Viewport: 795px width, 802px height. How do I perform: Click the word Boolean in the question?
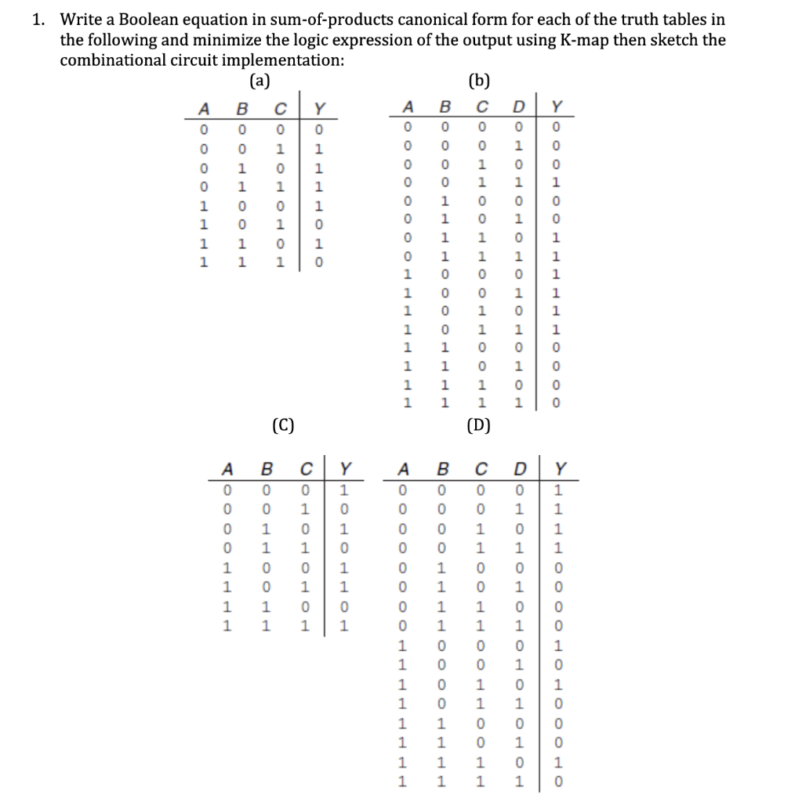143,20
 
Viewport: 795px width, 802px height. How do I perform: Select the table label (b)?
477,78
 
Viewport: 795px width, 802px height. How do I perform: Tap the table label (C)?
283,425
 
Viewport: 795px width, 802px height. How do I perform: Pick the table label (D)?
478,425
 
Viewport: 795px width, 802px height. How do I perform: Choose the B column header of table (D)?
442,470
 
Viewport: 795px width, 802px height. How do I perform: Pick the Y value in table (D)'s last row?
557,782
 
